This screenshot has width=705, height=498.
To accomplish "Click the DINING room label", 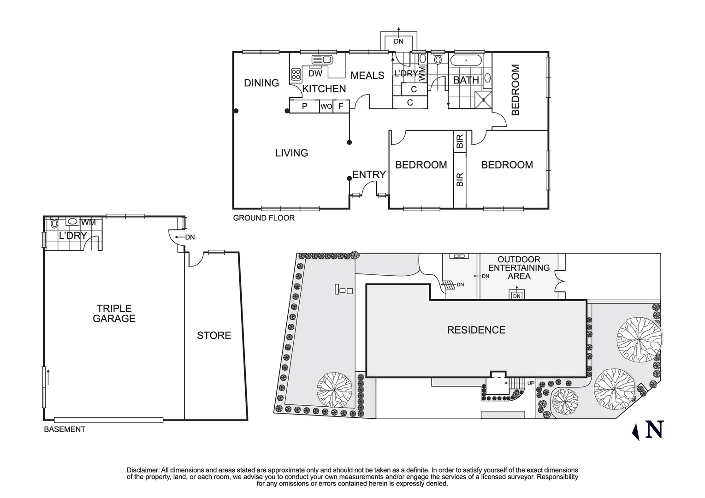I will pos(261,83).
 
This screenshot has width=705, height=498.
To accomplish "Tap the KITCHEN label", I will pos(324,89).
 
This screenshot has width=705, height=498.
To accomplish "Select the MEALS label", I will pos(367,76).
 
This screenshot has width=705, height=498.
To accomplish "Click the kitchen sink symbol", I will pos(322,59).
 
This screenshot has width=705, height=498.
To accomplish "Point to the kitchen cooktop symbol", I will pos(296,74).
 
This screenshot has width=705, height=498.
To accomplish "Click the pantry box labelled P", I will pos(304,107).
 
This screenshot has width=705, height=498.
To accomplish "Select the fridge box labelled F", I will pos(341,107).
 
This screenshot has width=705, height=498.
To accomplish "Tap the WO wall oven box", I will pos(326,107).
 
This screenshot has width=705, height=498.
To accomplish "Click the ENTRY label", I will pos(369,175).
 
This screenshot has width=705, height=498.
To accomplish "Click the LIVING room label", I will pos(291,153).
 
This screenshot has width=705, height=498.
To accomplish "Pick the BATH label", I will pos(466,80).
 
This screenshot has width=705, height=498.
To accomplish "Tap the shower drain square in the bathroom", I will pos(484,98).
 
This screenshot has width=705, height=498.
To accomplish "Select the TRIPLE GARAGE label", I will pos(114,314).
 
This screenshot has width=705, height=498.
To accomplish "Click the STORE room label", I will pos(214,336).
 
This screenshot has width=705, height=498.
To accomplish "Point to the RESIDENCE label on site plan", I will pos(476,330).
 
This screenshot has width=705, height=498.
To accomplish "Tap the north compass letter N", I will pos(654,430).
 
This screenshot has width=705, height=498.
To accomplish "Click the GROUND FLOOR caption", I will pos(263,218).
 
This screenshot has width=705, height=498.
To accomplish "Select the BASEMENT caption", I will pos(65,429).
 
